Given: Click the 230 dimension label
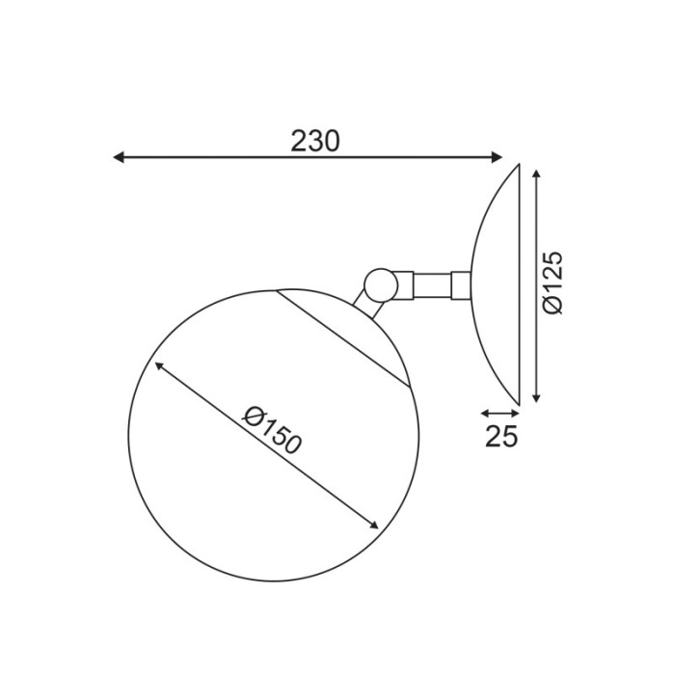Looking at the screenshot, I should (315, 141).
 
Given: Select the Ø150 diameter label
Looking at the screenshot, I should (273, 431).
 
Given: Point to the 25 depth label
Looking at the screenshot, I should (501, 437).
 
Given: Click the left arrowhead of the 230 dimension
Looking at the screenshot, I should (119, 157).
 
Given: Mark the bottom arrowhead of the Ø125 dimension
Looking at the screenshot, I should (537, 396).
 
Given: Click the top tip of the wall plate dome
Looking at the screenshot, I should (519, 166).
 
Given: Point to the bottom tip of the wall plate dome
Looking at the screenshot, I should (519, 403).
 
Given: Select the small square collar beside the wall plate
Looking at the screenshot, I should (461, 285).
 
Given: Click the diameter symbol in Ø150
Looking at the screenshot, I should (253, 417).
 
